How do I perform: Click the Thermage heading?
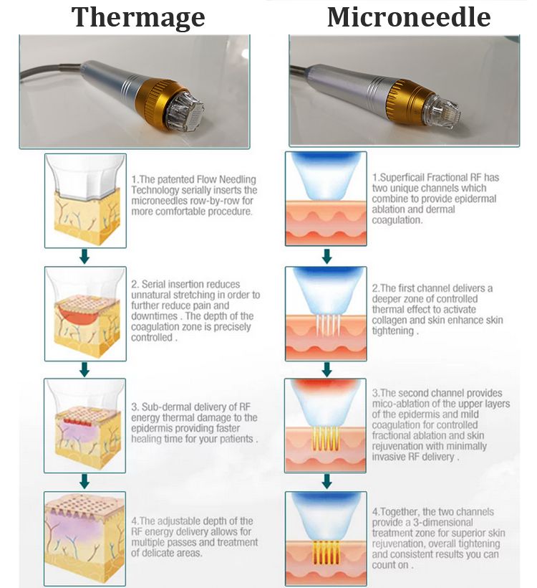click(x=138, y=17)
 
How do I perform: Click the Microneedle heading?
click(x=409, y=17)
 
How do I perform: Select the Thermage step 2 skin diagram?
click(x=85, y=313)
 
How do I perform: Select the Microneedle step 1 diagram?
click(x=326, y=199)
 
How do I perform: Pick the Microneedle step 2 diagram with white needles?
click(x=326, y=313)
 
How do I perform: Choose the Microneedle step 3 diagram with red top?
click(x=326, y=424)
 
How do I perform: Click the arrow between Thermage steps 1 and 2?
click(x=84, y=257)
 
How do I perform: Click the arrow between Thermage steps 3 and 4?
click(x=84, y=480)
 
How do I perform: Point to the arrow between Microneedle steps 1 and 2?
click(x=326, y=256)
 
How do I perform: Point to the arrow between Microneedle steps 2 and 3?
click(x=326, y=369)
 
